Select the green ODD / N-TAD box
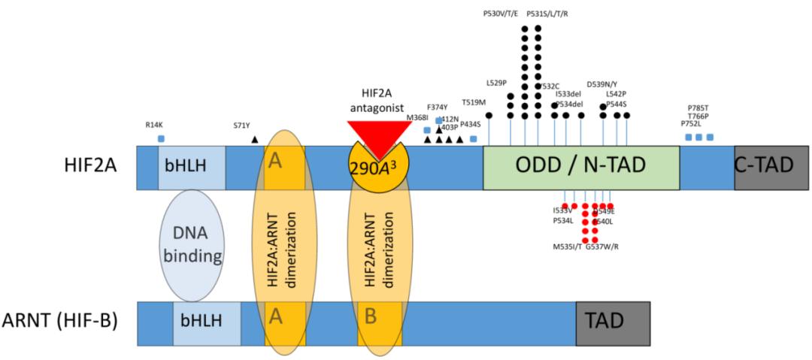pyautogui.click(x=580, y=168)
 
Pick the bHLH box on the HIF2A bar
pyautogui.click(x=191, y=168)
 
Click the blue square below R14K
pyautogui.click(x=161, y=138)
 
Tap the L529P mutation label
pyautogui.click(x=497, y=82)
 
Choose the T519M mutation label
pyautogui.click(x=474, y=102)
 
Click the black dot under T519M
pyautogui.click(x=489, y=115)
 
